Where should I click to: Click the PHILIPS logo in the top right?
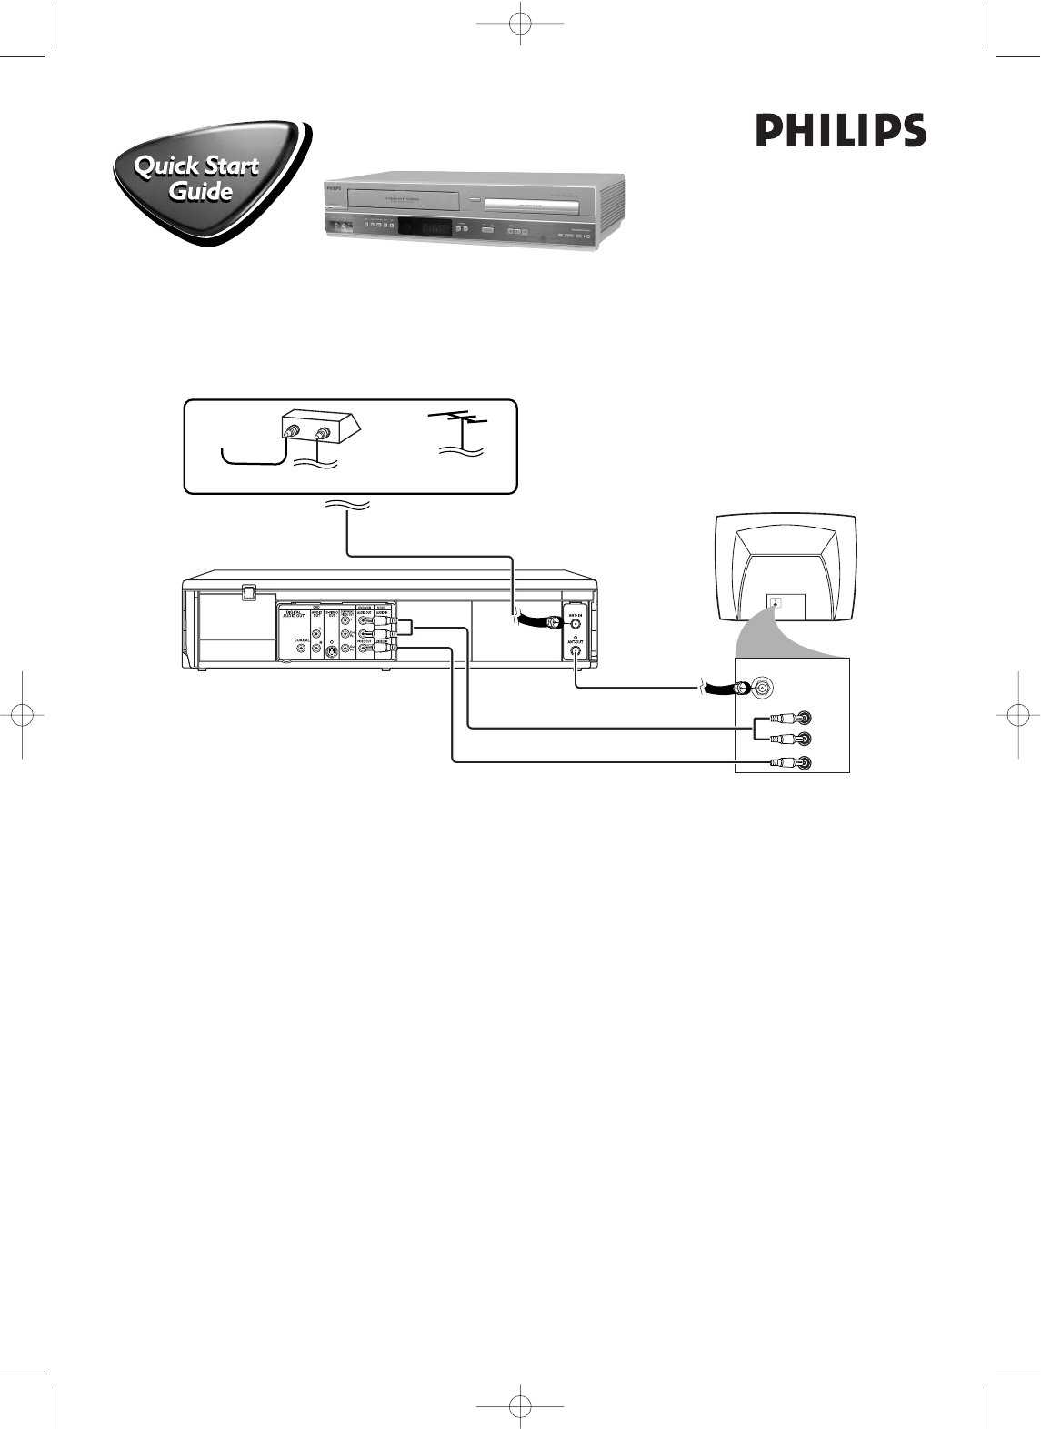pyautogui.click(x=841, y=130)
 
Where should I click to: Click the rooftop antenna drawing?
pyautogui.click(x=459, y=428)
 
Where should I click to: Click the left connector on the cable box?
pyautogui.click(x=293, y=431)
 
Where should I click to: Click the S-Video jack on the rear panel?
pyautogui.click(x=334, y=651)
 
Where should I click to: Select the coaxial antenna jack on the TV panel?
pyautogui.click(x=754, y=689)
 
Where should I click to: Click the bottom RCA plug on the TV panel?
pyautogui.click(x=800, y=764)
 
